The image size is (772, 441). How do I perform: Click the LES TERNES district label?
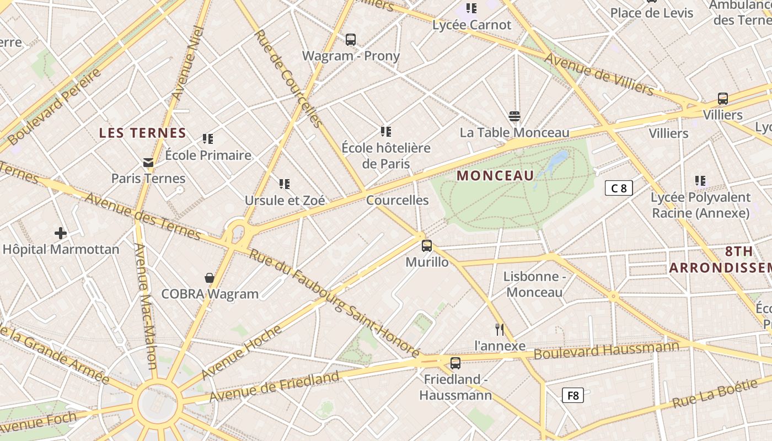(143, 133)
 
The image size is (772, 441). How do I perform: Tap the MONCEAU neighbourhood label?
(496, 176)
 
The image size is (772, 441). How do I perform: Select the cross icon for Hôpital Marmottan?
(61, 233)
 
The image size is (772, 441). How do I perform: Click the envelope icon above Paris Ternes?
(148, 163)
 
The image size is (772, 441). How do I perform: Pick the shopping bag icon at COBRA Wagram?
(210, 278)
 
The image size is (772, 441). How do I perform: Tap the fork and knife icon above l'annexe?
(500, 330)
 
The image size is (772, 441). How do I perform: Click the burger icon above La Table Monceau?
(514, 116)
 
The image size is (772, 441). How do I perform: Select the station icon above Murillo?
(427, 246)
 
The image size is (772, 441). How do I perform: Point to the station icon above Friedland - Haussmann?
(455, 363)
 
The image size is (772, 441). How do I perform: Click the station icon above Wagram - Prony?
(351, 40)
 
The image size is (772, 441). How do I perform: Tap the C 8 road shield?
(618, 189)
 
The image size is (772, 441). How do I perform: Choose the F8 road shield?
(573, 395)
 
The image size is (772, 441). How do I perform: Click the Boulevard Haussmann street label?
(607, 351)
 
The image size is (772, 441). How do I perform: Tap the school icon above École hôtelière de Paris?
(386, 131)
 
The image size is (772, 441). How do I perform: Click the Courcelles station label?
(398, 200)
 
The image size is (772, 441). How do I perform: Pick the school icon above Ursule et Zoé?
(285, 184)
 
